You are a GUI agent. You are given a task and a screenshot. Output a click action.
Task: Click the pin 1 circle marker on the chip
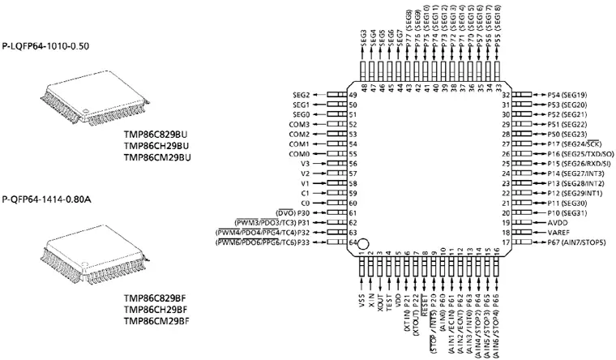[364, 243]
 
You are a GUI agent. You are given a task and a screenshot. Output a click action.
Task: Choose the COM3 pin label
[299, 124]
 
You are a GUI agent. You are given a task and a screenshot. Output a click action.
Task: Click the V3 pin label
[306, 163]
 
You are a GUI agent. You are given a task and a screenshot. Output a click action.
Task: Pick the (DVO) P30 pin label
[294, 212]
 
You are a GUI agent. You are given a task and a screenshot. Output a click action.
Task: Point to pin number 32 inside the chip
[505, 95]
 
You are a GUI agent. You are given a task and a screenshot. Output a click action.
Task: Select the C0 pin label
[306, 203]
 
